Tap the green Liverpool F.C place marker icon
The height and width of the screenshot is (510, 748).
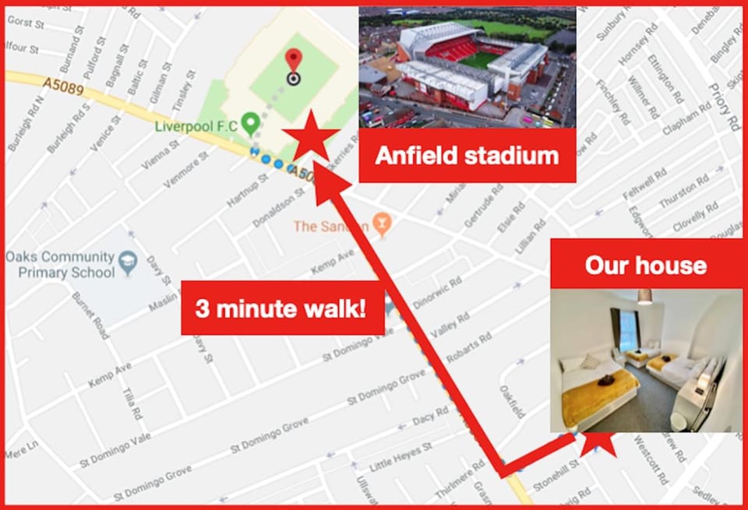(250, 122)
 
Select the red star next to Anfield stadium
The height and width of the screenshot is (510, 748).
(310, 135)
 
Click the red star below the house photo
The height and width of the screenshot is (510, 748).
(599, 443)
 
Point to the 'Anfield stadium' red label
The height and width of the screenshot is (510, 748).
(467, 156)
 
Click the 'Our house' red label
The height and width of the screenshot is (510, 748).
(646, 266)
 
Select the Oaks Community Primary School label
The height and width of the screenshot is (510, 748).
(60, 265)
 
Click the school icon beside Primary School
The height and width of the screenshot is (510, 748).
(129, 258)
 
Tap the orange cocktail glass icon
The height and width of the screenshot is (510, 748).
(381, 225)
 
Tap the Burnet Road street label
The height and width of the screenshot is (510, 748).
(89, 315)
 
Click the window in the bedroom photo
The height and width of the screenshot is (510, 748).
(625, 329)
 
